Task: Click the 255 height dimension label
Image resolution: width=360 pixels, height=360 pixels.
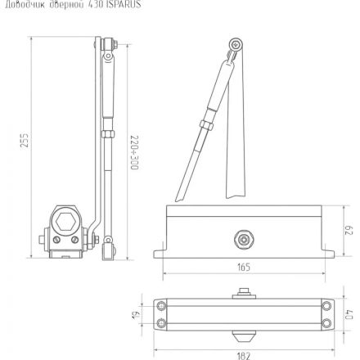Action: pyautogui.click(x=25, y=142)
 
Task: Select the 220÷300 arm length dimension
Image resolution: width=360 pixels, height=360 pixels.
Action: pyautogui.click(x=134, y=152)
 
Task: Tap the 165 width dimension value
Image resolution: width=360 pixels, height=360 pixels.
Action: pyautogui.click(x=244, y=267)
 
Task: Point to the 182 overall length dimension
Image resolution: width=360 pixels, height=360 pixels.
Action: pyautogui.click(x=243, y=354)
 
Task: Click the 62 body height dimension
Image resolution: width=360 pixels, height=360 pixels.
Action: pyautogui.click(x=347, y=231)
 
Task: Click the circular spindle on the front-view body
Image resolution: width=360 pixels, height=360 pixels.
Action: pyautogui.click(x=243, y=238)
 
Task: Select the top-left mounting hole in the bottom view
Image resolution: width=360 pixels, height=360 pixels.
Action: pyautogui.click(x=161, y=307)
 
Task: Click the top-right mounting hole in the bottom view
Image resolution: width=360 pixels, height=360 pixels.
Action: pyautogui.click(x=326, y=307)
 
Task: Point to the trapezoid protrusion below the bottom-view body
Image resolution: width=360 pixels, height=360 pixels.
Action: pyautogui.click(x=243, y=336)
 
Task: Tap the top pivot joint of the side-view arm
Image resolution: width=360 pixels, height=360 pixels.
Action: pyautogui.click(x=106, y=45)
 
